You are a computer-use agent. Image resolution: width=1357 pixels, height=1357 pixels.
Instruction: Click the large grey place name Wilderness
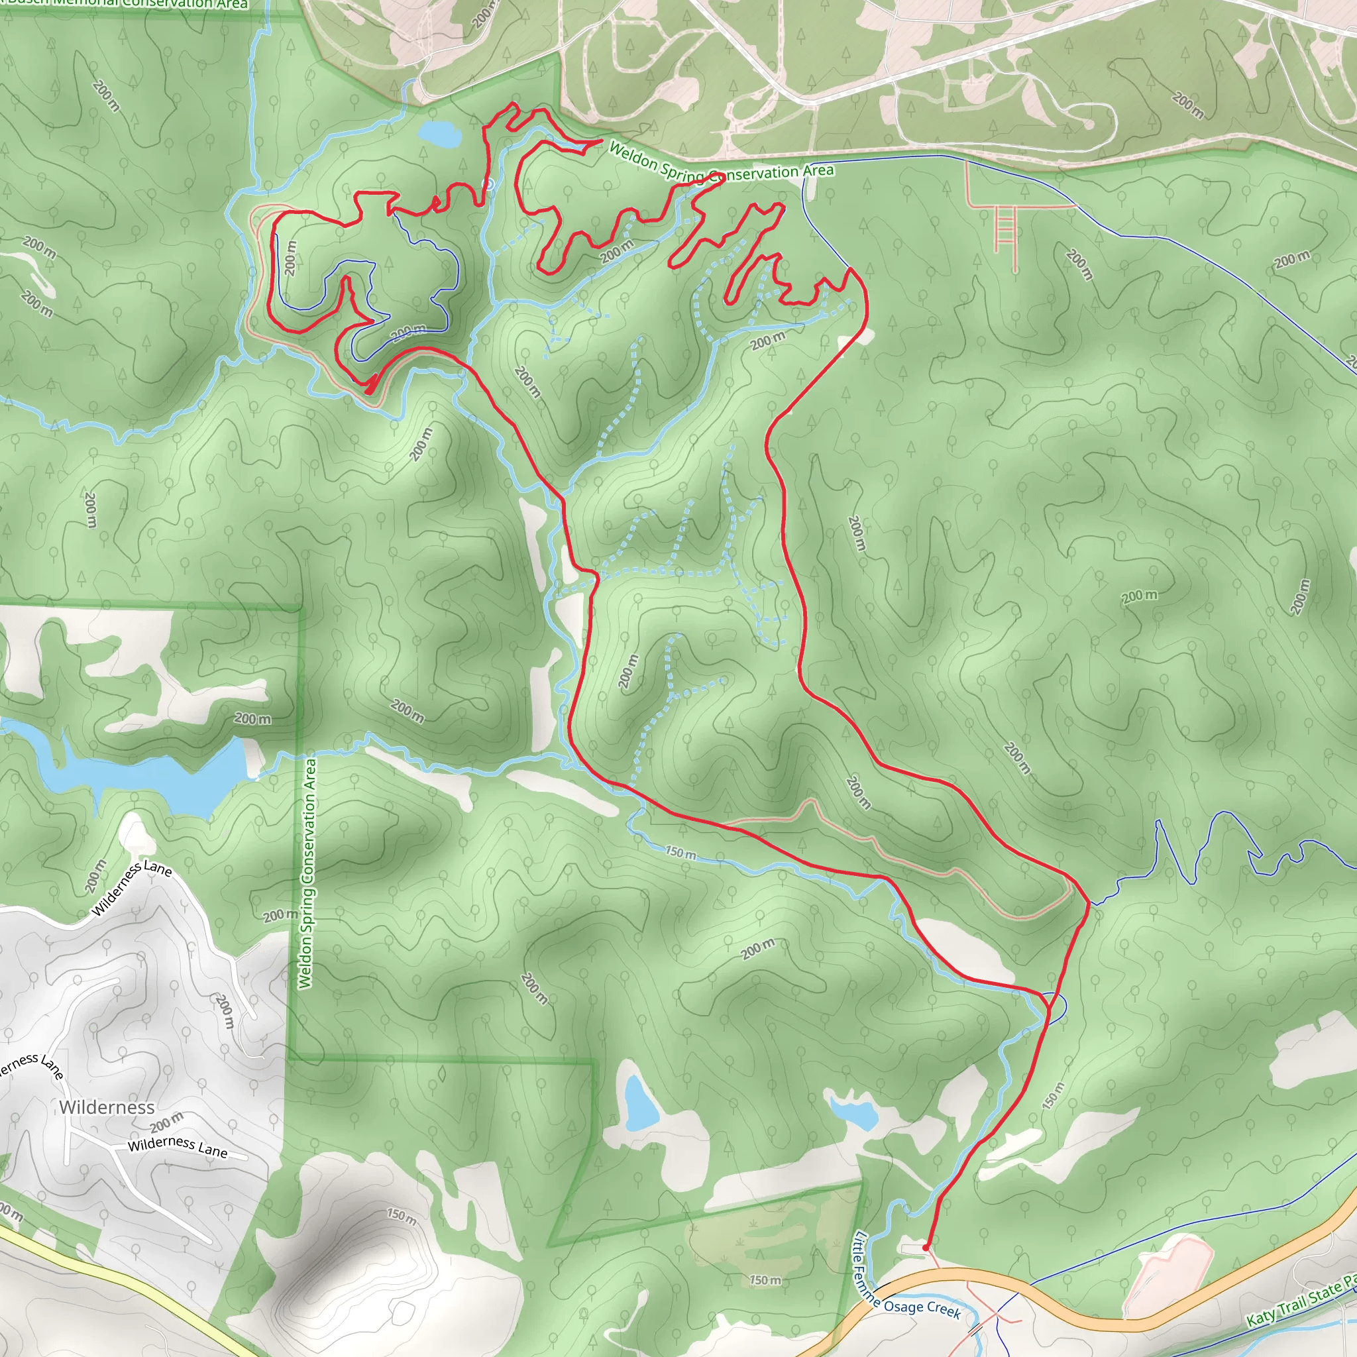click(107, 1108)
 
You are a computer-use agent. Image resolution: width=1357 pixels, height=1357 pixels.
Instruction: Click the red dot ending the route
click(926, 1248)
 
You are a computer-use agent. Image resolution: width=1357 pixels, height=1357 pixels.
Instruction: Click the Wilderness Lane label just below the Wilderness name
click(178, 1147)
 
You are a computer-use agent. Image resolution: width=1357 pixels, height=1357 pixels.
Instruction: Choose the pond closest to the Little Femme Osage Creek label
click(854, 1111)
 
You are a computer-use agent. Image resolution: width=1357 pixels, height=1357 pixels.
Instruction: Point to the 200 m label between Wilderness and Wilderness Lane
click(166, 1122)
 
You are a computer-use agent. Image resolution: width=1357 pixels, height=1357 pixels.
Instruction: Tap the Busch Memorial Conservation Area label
click(127, 3)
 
